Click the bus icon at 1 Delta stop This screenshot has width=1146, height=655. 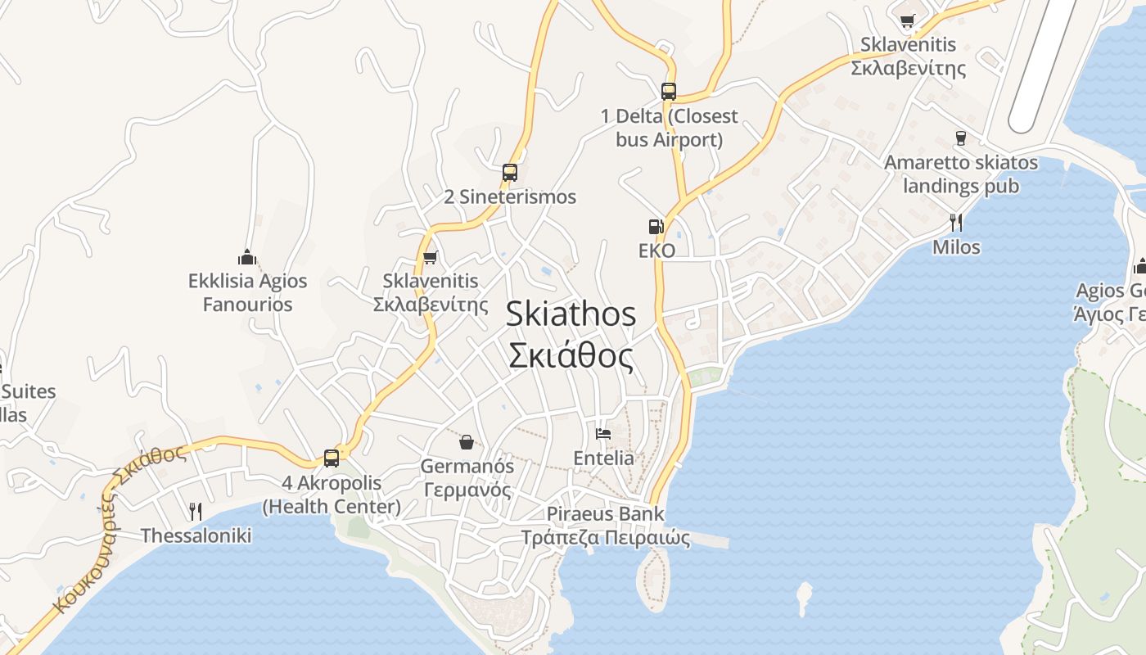point(669,91)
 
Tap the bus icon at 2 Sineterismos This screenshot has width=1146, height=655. point(510,173)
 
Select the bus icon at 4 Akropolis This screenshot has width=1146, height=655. point(332,458)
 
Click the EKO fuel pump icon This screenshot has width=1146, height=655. point(656,227)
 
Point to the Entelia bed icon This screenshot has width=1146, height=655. point(603,434)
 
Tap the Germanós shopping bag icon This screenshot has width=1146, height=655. point(467,442)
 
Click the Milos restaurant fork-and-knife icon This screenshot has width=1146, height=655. point(955,222)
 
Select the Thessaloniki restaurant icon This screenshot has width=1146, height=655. point(195,512)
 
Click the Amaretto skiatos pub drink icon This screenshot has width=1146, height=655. point(961,138)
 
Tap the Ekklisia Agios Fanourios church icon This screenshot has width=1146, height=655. point(247,257)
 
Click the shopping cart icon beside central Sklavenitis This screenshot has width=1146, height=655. point(431,257)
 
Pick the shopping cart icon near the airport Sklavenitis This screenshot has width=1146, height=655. point(907,20)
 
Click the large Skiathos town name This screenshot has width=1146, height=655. point(571,314)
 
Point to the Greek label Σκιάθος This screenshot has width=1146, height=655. point(571,356)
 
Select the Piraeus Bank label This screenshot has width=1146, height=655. point(606,514)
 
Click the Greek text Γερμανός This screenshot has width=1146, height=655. point(467,490)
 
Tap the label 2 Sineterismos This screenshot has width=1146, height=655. point(510,196)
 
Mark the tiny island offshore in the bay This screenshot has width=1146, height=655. point(805,598)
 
